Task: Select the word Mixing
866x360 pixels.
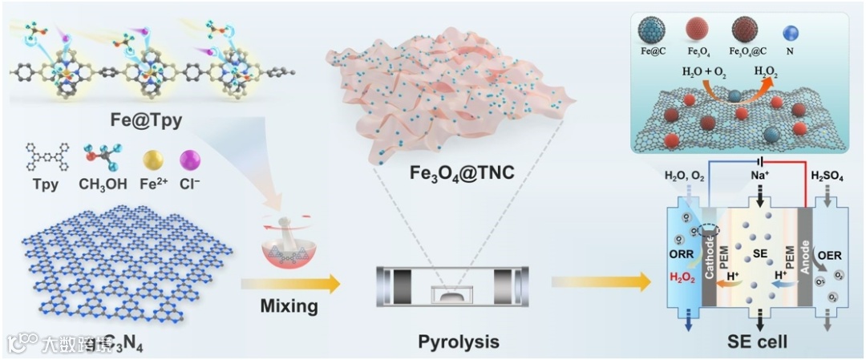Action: click(289, 305)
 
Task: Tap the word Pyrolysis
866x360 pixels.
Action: click(458, 342)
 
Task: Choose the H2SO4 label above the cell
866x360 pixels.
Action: click(830, 175)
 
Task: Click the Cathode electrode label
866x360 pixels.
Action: click(709, 257)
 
